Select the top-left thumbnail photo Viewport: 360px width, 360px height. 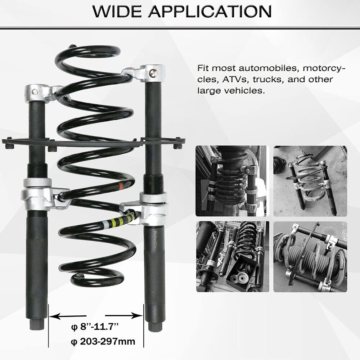(x=233, y=181)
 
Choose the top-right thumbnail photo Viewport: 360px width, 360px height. (x=310, y=181)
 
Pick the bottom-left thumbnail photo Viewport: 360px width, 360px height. (x=233, y=256)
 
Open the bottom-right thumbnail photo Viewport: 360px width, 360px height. (x=310, y=256)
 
